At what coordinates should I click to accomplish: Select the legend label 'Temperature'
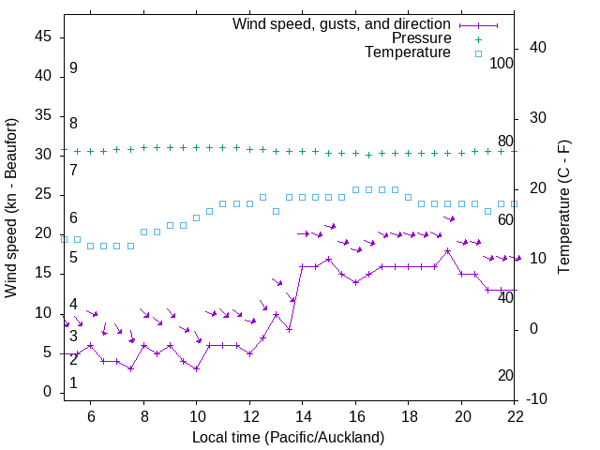coord(408,52)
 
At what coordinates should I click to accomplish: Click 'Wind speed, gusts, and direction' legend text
coord(341,23)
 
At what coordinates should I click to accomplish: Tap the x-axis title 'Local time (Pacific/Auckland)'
coord(288,437)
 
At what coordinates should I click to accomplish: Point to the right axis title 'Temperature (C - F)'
coord(563,208)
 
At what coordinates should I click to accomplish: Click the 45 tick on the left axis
coord(43,37)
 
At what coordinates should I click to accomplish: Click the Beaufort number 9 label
coord(73,68)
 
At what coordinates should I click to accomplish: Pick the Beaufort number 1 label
coord(73,383)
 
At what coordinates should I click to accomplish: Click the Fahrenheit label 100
coord(502,64)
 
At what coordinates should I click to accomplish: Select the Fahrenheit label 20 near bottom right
coord(505,376)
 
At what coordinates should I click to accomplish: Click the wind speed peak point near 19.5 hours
coord(448,250)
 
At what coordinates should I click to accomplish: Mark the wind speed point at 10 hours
coord(196,368)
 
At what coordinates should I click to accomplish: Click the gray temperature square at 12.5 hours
coord(262,198)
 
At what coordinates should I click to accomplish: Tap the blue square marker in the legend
coord(477,54)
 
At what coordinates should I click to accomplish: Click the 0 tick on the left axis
coord(48,392)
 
